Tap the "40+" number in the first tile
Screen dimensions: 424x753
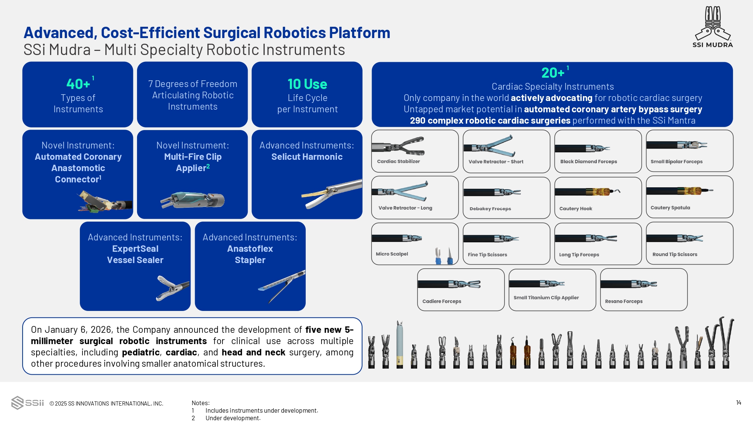click(78, 84)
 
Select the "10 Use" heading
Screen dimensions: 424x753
click(307, 84)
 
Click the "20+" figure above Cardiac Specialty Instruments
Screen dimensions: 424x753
click(553, 72)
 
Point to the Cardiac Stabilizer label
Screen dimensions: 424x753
click(398, 161)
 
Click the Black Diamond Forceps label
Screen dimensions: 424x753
click(588, 162)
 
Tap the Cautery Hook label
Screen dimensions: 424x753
click(576, 208)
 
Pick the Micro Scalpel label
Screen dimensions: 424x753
click(392, 254)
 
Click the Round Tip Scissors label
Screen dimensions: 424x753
click(675, 254)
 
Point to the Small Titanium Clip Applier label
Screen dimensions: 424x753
click(546, 298)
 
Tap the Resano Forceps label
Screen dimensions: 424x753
click(623, 302)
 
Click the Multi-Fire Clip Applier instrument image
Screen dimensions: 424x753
click(192, 200)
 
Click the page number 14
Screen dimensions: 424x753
click(738, 403)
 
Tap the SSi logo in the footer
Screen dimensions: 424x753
click(27, 403)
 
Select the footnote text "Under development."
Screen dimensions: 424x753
click(233, 418)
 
